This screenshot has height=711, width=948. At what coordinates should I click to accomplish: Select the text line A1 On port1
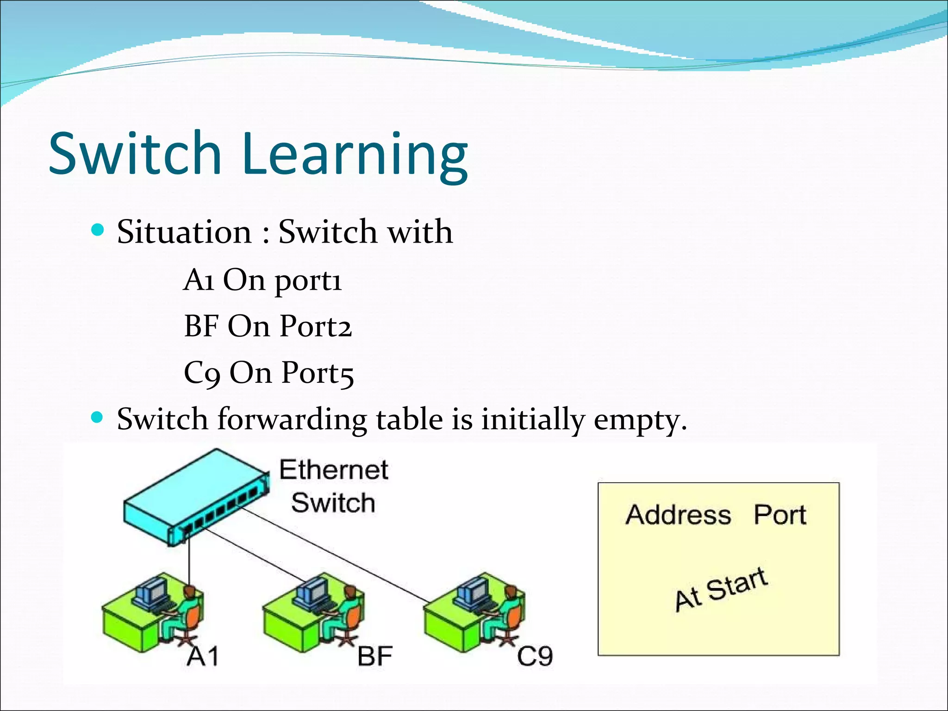coord(262,280)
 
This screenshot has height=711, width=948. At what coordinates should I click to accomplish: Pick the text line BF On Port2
coord(268,326)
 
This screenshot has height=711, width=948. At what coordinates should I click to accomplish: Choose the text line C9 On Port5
coord(268,373)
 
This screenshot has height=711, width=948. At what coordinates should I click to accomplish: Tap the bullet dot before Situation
coord(97,230)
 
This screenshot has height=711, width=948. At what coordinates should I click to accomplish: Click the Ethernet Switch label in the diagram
coord(333,486)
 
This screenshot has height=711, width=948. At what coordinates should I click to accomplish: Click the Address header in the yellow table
coord(678,515)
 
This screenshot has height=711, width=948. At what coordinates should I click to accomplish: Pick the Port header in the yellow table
coord(780,515)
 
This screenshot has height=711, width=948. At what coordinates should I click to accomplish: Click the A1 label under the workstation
coord(202,656)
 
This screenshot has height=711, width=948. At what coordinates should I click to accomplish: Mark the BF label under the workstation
coord(375,656)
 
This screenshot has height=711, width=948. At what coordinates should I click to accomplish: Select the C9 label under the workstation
coord(535,656)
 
